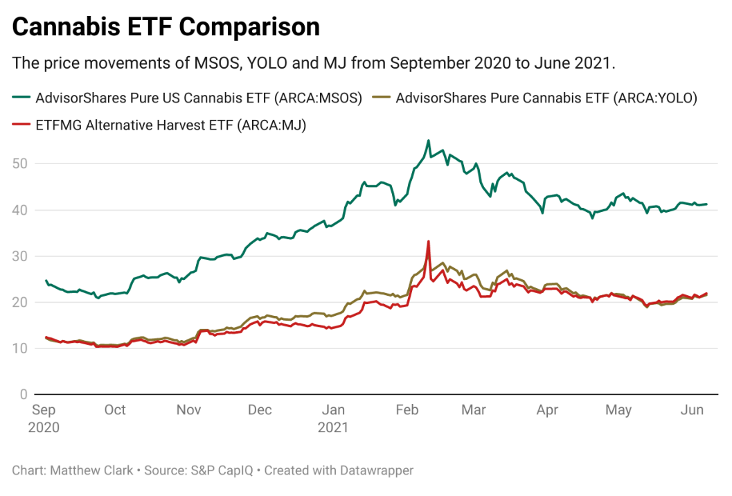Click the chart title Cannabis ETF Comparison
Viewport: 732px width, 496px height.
166,27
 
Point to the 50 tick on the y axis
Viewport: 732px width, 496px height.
21,163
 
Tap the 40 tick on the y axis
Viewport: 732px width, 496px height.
21,210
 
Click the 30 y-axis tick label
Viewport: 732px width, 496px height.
21,256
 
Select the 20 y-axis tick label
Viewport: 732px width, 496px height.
21,302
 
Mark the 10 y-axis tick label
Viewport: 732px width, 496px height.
21,348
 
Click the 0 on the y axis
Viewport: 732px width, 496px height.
24,394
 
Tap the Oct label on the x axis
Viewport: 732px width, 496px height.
115,410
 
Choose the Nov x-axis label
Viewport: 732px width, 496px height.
188,410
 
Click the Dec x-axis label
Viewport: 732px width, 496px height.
260,410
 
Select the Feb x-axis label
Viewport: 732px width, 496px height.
407,410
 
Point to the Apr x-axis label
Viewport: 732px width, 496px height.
547,410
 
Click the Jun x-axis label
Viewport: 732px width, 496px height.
692,410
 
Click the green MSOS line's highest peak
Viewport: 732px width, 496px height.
429,141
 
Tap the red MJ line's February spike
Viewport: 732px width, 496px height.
429,242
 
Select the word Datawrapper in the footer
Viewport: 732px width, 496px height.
376,470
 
